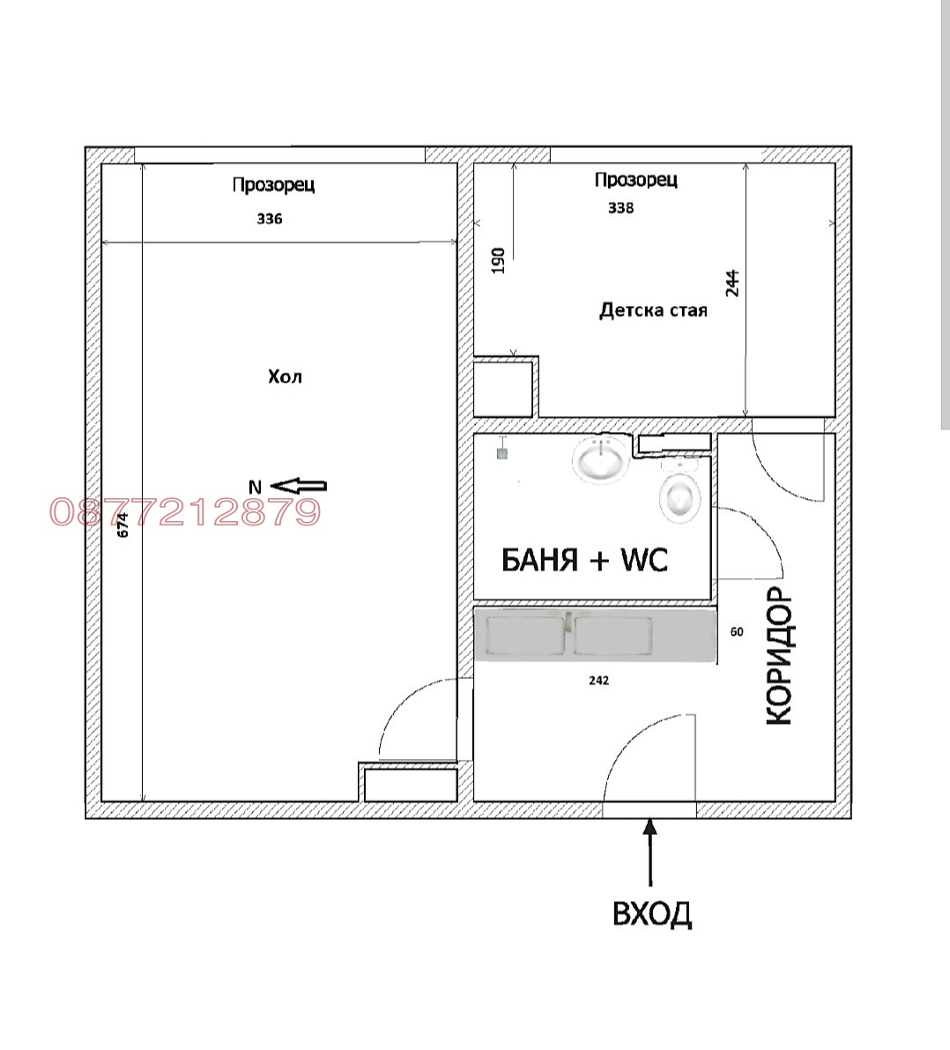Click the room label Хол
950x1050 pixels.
285,377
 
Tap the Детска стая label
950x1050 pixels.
653,310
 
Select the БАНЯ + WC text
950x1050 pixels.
584,560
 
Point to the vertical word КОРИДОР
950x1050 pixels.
779,656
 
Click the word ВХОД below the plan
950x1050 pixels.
651,913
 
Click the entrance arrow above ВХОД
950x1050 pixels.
650,853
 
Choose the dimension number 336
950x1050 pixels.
270,219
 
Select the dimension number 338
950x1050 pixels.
620,208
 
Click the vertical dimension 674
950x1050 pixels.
122,525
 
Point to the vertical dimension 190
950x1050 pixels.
498,260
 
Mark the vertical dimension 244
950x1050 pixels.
732,283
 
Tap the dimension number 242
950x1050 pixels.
598,681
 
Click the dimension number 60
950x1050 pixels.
737,631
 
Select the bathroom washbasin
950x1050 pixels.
600,458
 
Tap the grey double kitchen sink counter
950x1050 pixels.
595,635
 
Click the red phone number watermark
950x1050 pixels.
185,512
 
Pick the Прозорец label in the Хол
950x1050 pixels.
273,185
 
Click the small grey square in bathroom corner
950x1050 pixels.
502,453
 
